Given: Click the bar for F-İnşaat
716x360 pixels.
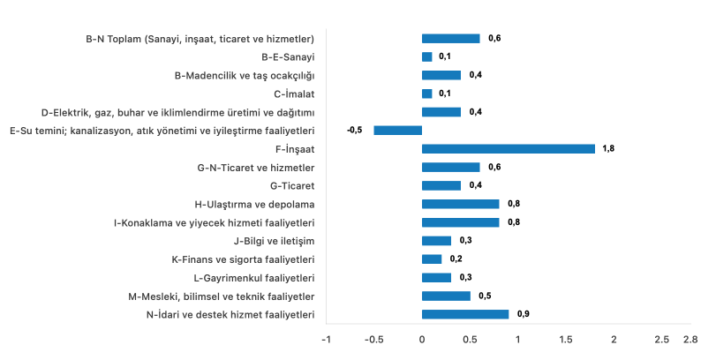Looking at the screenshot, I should click(x=508, y=148).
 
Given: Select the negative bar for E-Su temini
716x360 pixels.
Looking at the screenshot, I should click(x=397, y=130).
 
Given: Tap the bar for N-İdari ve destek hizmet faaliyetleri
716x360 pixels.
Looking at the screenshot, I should click(x=464, y=314).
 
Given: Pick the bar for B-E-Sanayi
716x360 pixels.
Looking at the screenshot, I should click(x=426, y=56).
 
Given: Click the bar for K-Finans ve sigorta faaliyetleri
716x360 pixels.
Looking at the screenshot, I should click(x=432, y=259).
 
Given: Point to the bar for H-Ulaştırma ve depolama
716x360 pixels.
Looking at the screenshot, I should click(x=460, y=204).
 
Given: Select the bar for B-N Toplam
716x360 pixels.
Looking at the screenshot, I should click(x=450, y=38).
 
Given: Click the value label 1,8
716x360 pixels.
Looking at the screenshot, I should click(x=608, y=148).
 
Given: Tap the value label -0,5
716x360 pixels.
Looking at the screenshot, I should click(x=355, y=130).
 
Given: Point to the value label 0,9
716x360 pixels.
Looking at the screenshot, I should click(x=523, y=314).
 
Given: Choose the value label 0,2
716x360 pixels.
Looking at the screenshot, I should click(x=456, y=259).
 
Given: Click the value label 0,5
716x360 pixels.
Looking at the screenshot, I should click(x=485, y=296).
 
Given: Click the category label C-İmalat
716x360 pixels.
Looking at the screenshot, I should click(x=295, y=94).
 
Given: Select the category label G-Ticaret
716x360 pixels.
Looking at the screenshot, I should click(x=292, y=185).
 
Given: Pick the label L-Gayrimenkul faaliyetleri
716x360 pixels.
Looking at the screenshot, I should click(x=254, y=277).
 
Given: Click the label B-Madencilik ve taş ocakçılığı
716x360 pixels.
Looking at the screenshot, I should click(x=245, y=75).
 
